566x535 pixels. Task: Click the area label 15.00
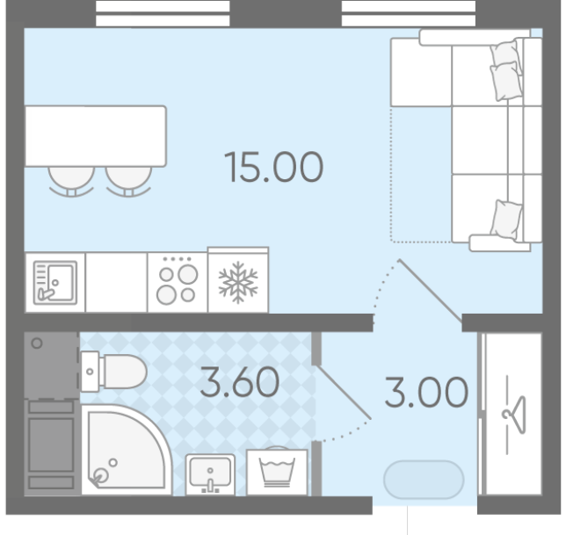coord(273,167)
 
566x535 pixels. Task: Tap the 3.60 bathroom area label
coord(240,381)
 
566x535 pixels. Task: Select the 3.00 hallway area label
coord(426,392)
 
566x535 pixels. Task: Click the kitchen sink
coord(54,282)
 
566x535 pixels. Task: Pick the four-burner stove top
coord(178,282)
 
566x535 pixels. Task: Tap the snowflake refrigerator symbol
coord(238,282)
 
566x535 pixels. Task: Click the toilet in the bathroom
coord(113,372)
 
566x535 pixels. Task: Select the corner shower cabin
coord(127,450)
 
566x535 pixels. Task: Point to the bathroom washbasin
coord(210,474)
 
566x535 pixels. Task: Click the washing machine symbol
coord(277,472)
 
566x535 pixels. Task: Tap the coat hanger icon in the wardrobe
coord(514,415)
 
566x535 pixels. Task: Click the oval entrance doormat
coord(424,480)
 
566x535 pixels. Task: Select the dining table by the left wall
coord(95,136)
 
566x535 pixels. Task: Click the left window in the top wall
coord(163,13)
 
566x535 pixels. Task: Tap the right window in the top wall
coord(409,13)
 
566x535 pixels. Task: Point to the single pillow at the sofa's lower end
coord(506,220)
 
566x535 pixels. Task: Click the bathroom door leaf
coord(344,393)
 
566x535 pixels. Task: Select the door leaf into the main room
coord(431,291)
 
